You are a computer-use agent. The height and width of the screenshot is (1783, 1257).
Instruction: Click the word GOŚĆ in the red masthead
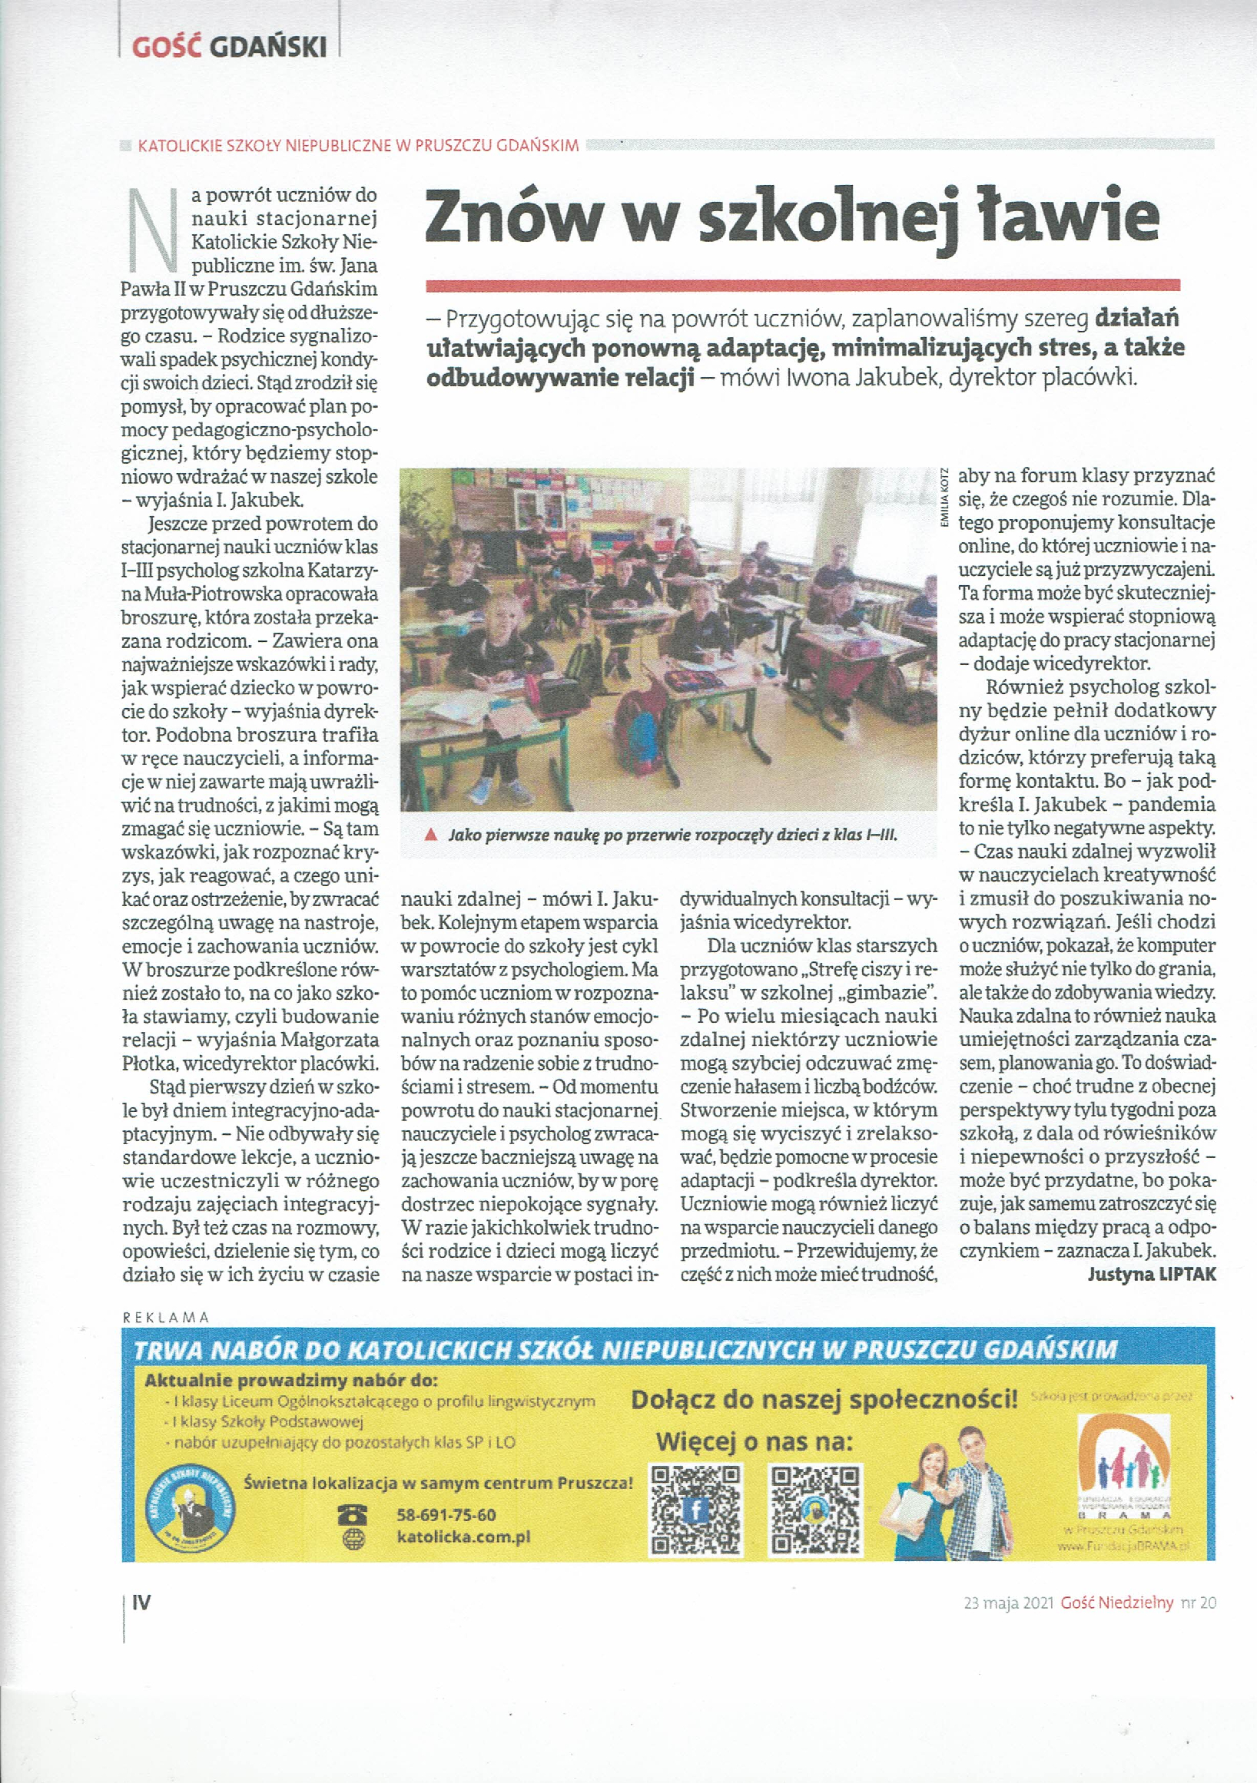[166, 48]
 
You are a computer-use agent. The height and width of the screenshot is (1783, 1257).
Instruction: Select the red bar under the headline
[802, 285]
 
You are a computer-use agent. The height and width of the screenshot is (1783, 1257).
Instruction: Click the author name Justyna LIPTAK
[1151, 1275]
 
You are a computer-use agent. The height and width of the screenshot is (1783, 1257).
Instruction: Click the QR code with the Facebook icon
[696, 1510]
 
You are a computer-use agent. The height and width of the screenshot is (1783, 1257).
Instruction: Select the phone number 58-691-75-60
[446, 1515]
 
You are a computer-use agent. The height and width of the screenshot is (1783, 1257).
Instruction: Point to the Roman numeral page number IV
[141, 1602]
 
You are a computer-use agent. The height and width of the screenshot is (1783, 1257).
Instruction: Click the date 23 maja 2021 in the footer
[1007, 1603]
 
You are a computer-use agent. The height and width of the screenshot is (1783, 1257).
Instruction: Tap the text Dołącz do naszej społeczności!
[824, 1400]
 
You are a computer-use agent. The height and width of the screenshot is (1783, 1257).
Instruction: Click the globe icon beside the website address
[353, 1537]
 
